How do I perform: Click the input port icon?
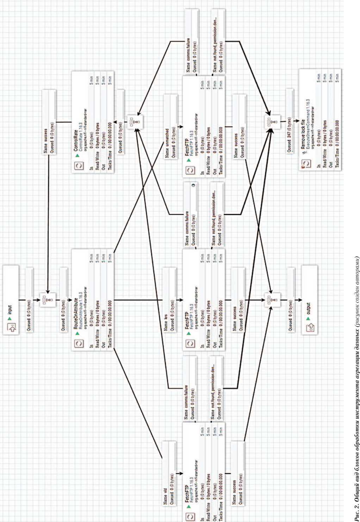[11, 328]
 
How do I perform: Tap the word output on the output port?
[309, 308]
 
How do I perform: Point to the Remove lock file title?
[303, 134]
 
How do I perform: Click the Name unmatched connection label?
[167, 143]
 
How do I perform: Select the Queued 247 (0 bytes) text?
[290, 135]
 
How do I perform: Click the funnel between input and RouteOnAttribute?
[47, 300]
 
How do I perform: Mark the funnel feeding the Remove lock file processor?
[272, 123]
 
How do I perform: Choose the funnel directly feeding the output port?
[272, 300]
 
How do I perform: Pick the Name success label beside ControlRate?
[45, 143]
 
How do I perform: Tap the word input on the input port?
[10, 309]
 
